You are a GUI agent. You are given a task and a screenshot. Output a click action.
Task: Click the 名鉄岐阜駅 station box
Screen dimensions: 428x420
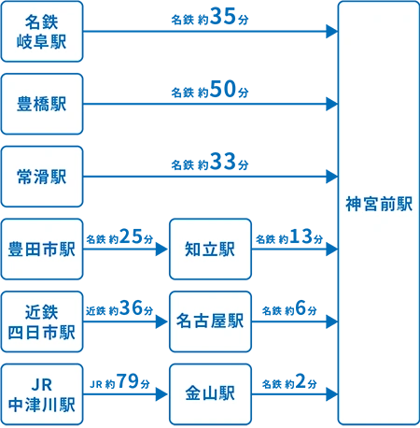click(x=41, y=32)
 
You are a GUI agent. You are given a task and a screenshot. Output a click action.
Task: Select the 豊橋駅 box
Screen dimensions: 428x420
click(x=41, y=104)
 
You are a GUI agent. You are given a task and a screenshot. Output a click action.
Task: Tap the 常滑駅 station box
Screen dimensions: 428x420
click(x=41, y=176)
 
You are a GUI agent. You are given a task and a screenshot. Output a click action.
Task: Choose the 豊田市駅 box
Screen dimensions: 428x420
click(x=41, y=249)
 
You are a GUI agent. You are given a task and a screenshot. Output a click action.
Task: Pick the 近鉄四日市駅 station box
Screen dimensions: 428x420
click(x=41, y=321)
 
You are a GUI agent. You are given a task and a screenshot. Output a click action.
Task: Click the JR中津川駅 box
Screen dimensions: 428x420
click(x=41, y=394)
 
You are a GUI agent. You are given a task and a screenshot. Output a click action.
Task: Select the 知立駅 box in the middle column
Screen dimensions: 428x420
click(x=210, y=249)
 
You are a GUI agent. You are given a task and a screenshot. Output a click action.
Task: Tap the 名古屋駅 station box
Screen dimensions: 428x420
click(x=210, y=321)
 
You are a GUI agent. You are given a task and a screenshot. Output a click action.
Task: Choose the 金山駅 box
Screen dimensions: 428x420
click(x=210, y=394)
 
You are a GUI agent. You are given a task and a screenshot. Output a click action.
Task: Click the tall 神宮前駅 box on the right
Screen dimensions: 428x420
click(x=378, y=213)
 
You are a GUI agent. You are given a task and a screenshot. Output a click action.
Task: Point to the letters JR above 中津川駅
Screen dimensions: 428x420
click(x=42, y=384)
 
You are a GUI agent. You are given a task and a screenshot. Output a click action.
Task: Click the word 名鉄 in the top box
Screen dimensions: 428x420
click(x=42, y=21)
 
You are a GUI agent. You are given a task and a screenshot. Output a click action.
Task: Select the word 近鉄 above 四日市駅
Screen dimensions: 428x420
click(x=42, y=311)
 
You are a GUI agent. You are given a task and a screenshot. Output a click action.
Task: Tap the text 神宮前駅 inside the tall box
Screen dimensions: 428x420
click(x=378, y=204)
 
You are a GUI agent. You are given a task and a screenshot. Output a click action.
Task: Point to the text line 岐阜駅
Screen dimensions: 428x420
click(x=42, y=42)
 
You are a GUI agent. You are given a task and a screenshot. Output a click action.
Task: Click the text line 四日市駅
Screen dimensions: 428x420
click(x=42, y=332)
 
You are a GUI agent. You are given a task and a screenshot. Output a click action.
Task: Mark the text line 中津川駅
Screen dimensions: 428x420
click(x=42, y=405)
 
